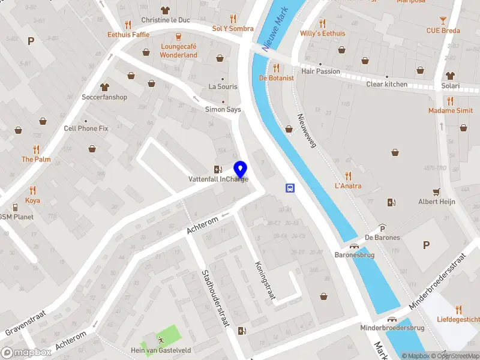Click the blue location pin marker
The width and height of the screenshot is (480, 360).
[x=240, y=169]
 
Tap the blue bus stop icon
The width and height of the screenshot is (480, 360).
[x=290, y=188]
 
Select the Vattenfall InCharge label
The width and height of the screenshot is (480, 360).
[x=218, y=179]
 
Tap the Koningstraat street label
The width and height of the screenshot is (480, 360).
[x=265, y=280]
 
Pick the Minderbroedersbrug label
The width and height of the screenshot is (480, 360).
[x=392, y=328]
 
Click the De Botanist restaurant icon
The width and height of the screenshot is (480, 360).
[x=276, y=68]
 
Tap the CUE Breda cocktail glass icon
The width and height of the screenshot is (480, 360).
[x=443, y=20]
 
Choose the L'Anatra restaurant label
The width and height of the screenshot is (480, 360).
[x=348, y=186]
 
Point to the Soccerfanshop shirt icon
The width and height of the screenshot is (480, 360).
[x=105, y=87]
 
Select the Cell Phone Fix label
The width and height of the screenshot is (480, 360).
[x=86, y=128]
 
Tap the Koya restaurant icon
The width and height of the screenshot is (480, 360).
[x=32, y=190]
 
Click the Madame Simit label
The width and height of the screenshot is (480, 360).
[x=450, y=110]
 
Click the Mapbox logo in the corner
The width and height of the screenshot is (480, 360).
[x=26, y=353]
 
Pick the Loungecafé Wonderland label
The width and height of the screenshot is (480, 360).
[x=178, y=51]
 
